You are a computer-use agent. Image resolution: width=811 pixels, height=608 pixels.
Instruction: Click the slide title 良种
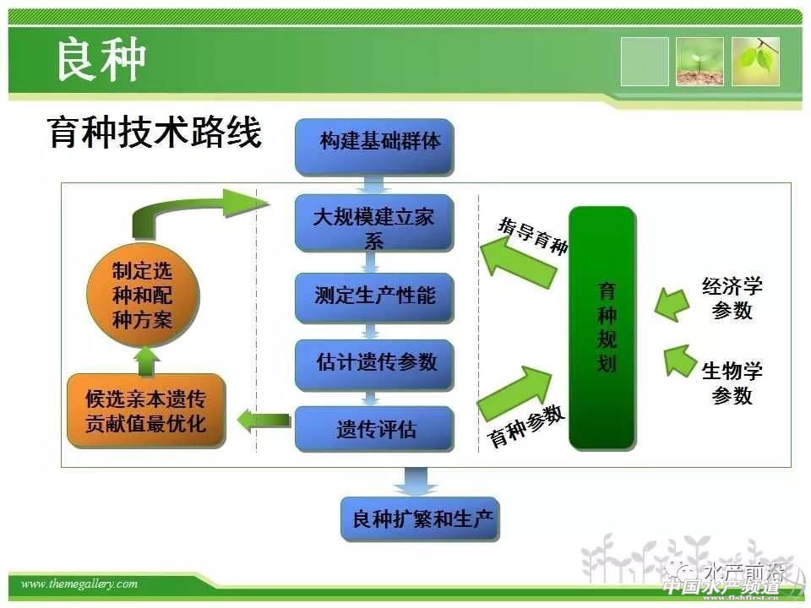(x=101, y=60)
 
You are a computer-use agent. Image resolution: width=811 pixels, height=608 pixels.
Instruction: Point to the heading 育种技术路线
(x=155, y=133)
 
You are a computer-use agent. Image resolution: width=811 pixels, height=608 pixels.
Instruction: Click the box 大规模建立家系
(x=373, y=223)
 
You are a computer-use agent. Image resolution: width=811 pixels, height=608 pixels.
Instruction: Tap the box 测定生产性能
(x=374, y=296)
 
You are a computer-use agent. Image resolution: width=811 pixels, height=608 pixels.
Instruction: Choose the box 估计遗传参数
(x=374, y=362)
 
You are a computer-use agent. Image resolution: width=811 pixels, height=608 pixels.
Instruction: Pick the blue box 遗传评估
(x=374, y=428)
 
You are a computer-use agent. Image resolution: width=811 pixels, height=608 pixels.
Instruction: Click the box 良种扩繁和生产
(x=420, y=518)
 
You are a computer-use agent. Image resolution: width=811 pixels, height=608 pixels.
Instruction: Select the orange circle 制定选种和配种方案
(x=142, y=296)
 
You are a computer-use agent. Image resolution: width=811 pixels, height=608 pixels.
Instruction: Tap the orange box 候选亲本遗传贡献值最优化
(x=145, y=410)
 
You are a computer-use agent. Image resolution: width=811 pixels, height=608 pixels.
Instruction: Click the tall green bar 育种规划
(x=601, y=328)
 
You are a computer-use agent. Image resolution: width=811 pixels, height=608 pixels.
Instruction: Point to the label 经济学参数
(x=732, y=298)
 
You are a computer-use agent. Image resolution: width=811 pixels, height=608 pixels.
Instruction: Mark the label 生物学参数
(x=732, y=383)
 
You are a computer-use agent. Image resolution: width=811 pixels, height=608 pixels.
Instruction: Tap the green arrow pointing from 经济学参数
(x=672, y=304)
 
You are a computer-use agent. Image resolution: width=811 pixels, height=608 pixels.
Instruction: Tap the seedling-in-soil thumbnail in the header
(x=699, y=62)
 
